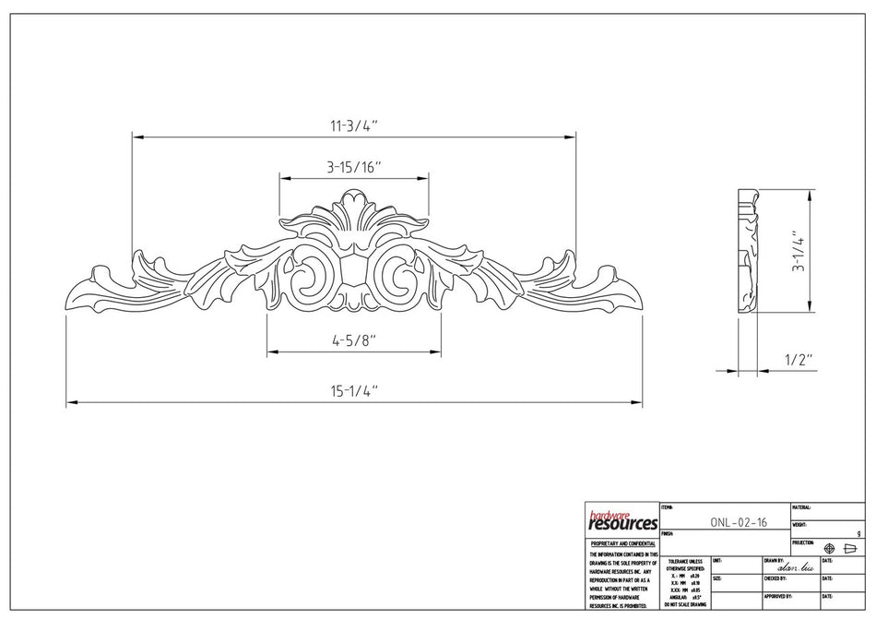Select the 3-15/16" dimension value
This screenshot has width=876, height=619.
click(x=353, y=167)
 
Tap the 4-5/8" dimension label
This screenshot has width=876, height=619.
click(x=353, y=341)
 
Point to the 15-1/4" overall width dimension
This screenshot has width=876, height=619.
click(x=353, y=391)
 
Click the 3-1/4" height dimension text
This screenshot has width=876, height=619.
click(x=799, y=251)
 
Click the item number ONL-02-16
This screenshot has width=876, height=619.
click(x=739, y=522)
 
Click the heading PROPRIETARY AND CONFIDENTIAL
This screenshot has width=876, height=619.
click(x=622, y=544)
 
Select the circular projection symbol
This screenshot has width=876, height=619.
click(x=829, y=548)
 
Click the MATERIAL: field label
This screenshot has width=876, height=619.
click(x=801, y=507)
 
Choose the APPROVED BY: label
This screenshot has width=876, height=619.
click(x=779, y=596)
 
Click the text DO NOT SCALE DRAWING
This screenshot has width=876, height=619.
click(x=683, y=604)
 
